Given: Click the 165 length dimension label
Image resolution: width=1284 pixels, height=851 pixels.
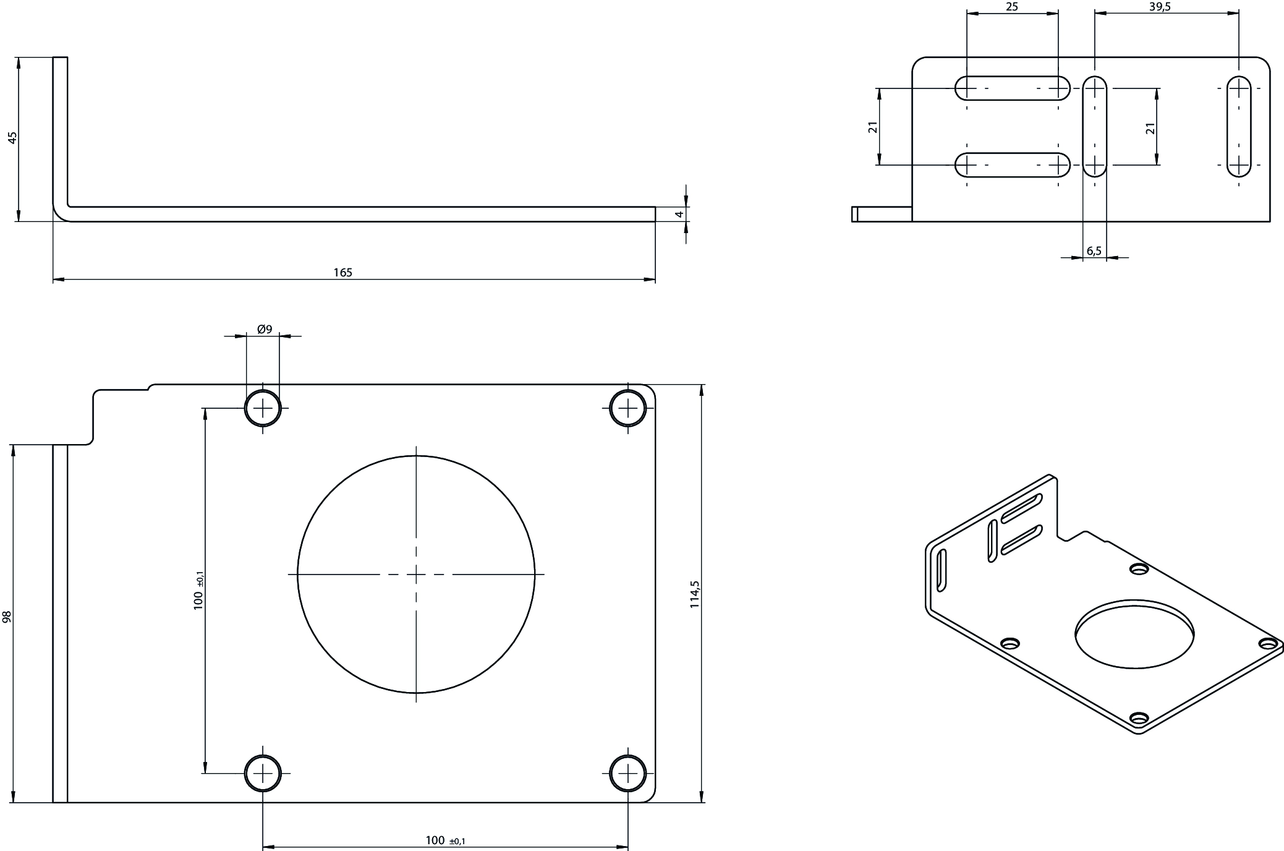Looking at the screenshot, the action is [x=342, y=272].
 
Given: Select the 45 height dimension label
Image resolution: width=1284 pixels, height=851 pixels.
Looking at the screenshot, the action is [x=12, y=137].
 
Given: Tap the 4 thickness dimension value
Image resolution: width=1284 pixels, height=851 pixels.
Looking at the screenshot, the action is [x=679, y=214].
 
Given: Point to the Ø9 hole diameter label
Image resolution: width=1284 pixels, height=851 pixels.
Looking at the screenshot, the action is [x=265, y=329].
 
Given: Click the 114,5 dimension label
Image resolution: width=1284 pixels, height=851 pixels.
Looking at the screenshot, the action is [x=694, y=594].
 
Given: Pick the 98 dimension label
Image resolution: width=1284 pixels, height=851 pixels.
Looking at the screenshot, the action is [x=7, y=617].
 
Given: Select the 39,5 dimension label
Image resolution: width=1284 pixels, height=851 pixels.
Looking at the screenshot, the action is [x=1160, y=7].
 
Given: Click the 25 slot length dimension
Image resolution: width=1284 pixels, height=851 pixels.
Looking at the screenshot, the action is [x=1012, y=7].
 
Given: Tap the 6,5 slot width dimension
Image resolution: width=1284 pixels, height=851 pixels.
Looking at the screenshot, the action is [x=1094, y=250].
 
